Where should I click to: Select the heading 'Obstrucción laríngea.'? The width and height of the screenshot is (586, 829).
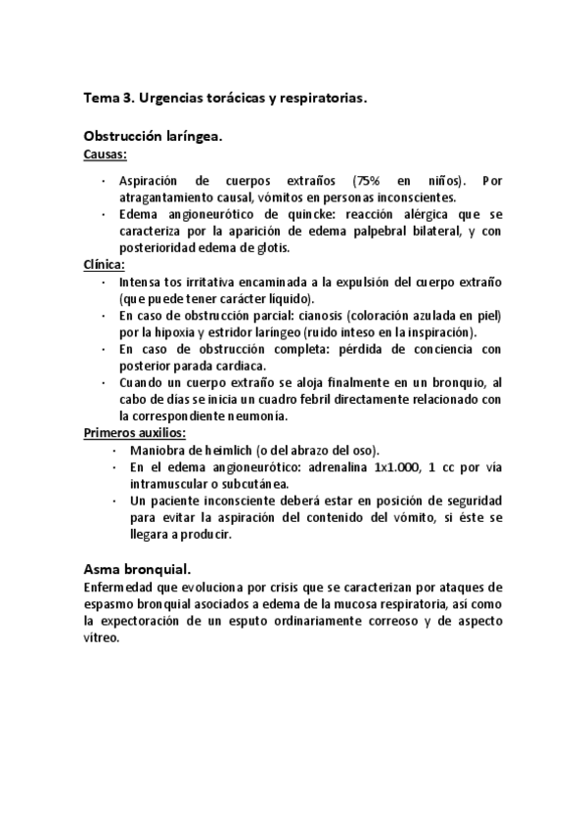[x=154, y=138]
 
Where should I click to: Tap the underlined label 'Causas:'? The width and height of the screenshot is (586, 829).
[x=106, y=154]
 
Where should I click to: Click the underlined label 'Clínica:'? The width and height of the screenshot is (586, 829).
[x=105, y=265]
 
